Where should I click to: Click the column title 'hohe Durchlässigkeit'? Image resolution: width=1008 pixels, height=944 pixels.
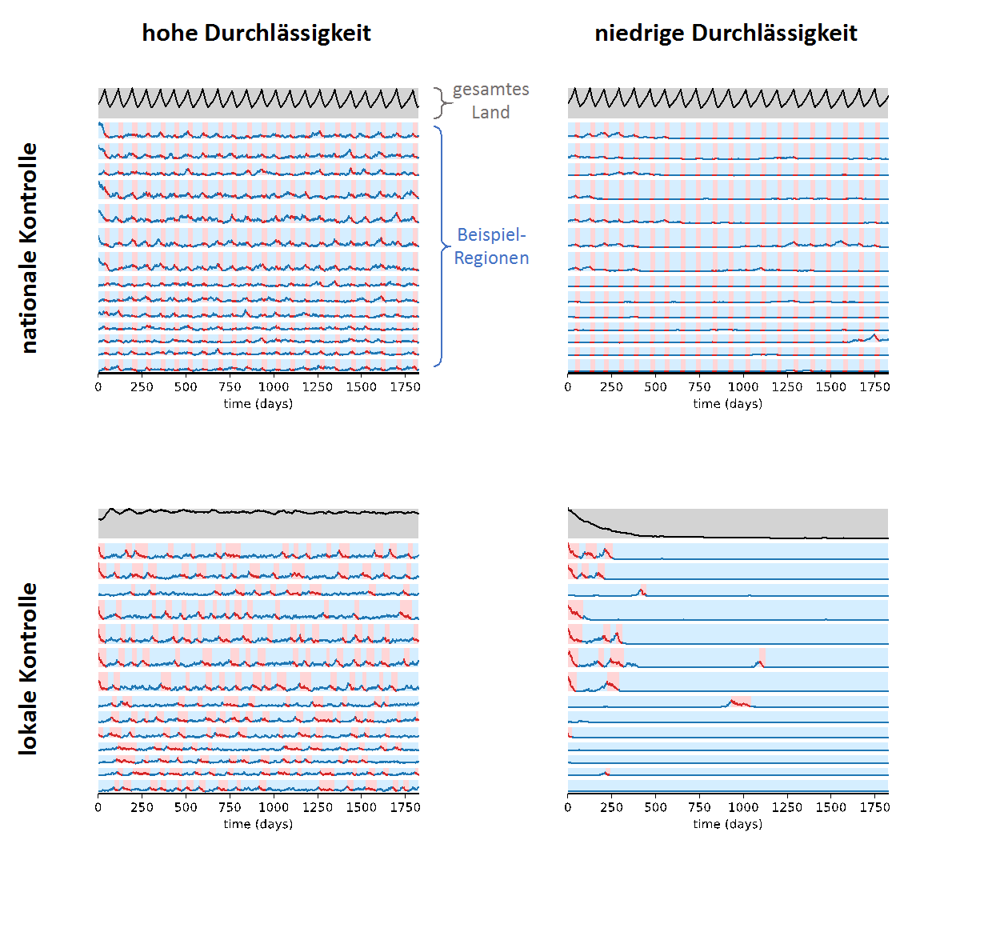256,33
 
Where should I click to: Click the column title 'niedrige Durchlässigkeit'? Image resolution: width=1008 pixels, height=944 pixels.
726,33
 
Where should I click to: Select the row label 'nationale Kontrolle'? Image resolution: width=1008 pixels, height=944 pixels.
29,248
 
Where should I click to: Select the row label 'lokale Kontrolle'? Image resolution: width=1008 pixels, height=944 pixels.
29,668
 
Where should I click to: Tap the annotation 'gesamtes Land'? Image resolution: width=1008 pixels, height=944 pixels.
490,101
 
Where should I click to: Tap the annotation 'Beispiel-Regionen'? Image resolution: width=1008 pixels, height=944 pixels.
491,246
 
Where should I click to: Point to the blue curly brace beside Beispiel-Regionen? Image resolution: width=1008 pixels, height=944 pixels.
441,246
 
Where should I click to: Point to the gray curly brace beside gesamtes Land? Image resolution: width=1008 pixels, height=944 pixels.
441,102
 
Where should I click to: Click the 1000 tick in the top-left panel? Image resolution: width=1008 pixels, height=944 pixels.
274,387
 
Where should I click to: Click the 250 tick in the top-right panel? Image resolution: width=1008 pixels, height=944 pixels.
611,387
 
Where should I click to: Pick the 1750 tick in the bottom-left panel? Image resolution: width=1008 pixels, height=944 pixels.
405,808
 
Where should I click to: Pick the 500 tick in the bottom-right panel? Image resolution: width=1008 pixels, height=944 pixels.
655,808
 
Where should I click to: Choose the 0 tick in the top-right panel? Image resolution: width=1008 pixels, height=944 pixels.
568,387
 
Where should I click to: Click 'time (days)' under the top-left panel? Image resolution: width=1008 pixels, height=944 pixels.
258,404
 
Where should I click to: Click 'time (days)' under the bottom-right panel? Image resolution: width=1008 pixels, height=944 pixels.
727,825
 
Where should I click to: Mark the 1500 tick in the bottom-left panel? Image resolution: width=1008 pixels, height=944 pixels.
361,808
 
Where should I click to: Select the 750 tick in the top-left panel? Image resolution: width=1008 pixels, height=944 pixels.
230,387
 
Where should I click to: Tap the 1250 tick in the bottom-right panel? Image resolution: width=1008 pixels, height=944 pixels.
786,808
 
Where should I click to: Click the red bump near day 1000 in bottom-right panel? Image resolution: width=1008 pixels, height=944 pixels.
739,702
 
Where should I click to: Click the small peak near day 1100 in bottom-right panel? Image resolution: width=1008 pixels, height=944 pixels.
760,662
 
